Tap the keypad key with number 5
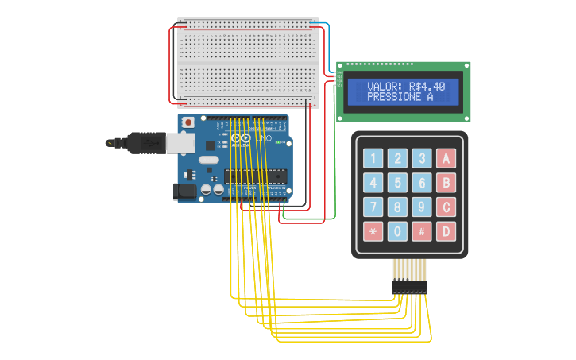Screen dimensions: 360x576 [x=397, y=183]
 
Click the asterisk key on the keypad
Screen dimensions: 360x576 [x=373, y=231]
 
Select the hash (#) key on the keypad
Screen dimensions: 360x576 [x=422, y=231]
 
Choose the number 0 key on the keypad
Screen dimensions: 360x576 [x=397, y=231]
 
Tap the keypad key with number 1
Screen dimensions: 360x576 [x=373, y=158]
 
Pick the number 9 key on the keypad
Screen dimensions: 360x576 [x=422, y=207]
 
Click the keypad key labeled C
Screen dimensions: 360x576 [x=446, y=207]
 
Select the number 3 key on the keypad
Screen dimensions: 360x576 [x=422, y=158]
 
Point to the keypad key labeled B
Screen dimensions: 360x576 [x=446, y=183]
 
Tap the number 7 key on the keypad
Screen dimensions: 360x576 [x=373, y=207]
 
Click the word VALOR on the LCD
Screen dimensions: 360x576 [x=386, y=87]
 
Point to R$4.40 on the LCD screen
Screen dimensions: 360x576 [x=427, y=87]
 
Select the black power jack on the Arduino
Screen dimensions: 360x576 [x=184, y=192]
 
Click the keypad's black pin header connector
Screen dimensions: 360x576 [x=409, y=286]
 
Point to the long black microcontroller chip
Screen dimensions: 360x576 [x=253, y=176]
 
